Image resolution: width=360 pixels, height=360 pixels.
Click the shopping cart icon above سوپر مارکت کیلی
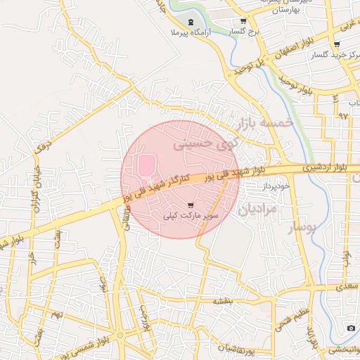click(x=191, y=205)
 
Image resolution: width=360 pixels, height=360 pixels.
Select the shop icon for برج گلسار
click(x=243, y=21)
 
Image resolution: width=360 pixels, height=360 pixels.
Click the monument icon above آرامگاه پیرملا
click(x=192, y=22)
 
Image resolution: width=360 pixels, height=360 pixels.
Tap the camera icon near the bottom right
click(x=351, y=328)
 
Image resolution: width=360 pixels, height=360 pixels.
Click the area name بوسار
click(x=302, y=228)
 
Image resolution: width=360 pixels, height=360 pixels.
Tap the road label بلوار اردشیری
click(x=309, y=169)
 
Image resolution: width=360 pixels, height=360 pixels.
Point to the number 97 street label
click(x=342, y=114)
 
